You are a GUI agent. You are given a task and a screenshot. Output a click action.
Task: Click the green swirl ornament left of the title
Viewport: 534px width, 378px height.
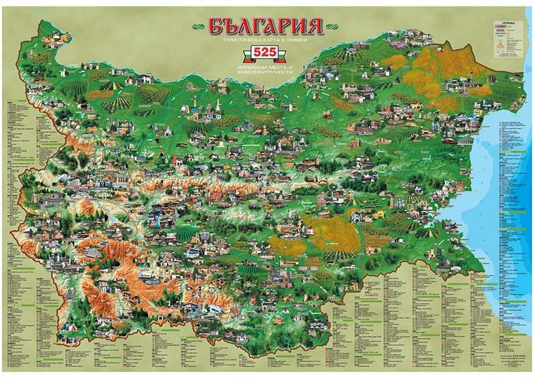197,26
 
